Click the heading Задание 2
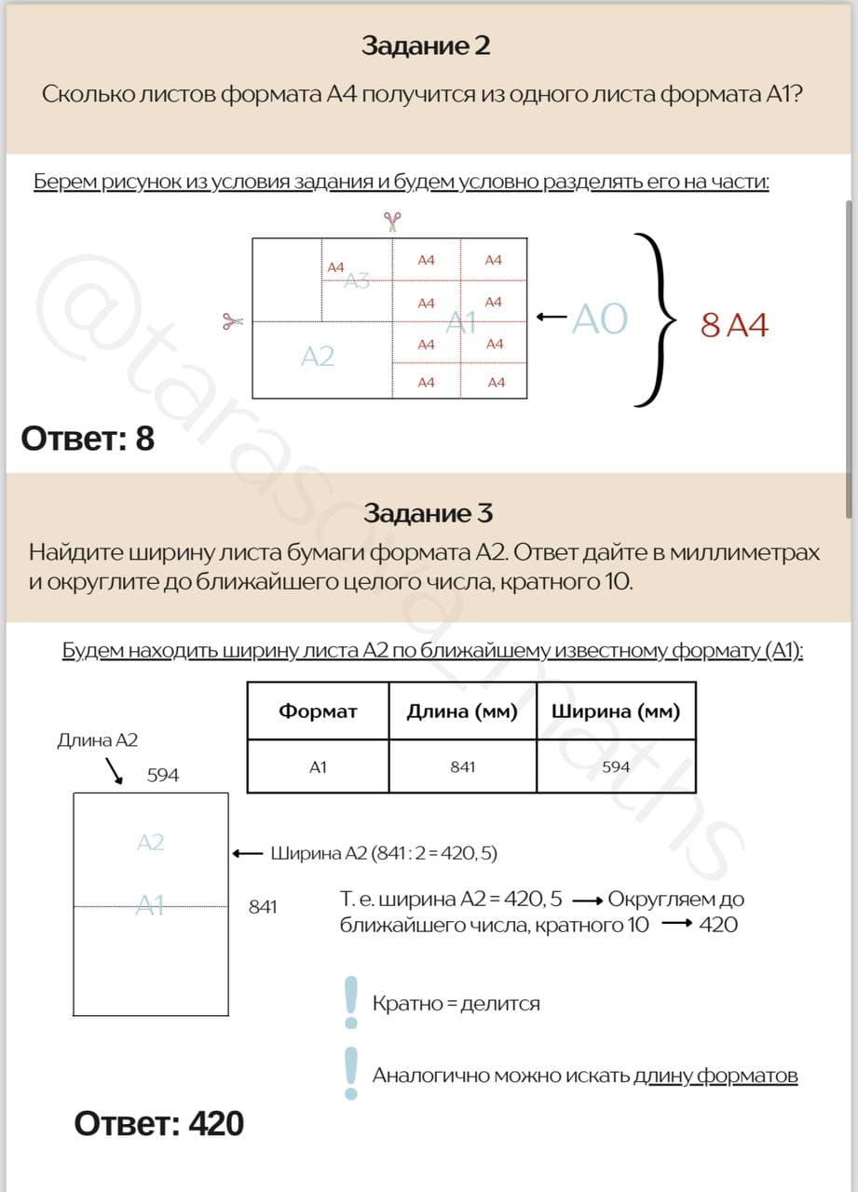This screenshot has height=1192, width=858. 426,46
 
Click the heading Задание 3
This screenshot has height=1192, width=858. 429,513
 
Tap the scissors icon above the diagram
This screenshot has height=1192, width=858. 392,221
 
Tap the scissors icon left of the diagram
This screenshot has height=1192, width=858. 232,321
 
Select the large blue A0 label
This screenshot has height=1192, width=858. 600,319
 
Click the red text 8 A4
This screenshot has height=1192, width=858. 734,325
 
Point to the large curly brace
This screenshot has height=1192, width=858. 655,319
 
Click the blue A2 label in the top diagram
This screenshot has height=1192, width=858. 318,356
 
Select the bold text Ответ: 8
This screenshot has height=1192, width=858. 88,438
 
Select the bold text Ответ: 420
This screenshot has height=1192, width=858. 158,1123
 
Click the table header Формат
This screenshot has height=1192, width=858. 318,711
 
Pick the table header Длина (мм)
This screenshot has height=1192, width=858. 462,711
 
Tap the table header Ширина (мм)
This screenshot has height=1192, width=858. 616,711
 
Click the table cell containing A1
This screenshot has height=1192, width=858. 318,766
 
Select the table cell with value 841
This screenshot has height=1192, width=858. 462,766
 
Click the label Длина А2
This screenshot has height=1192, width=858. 98,740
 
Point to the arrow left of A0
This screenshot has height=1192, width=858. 552,318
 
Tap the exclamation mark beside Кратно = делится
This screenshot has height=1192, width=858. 351,1001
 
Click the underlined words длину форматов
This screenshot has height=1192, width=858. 715,1076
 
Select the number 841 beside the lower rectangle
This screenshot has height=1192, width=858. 263,906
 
